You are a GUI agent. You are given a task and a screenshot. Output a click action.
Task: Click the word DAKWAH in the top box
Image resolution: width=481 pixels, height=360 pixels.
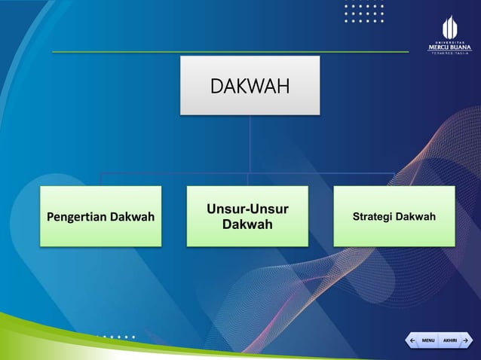(x=249, y=86)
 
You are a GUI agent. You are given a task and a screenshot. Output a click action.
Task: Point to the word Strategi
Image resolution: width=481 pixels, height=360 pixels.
(x=373, y=217)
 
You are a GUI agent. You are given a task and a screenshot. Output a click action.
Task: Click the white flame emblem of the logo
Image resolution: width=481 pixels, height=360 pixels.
(x=449, y=26)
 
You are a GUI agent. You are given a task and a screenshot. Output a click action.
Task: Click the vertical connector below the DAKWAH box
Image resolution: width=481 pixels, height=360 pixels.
(x=249, y=143)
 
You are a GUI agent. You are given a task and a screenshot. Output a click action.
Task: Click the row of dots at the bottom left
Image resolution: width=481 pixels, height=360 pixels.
(x=113, y=337)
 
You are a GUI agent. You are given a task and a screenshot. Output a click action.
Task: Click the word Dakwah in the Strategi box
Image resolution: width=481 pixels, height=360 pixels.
(x=416, y=217)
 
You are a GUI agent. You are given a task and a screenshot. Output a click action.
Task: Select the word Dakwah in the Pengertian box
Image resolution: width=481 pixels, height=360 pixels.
(x=132, y=218)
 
